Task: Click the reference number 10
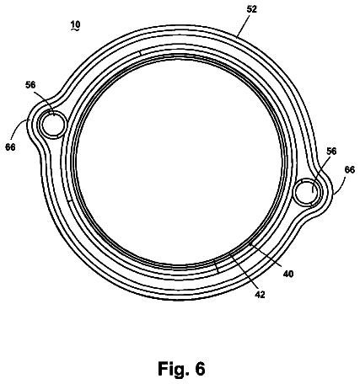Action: click(x=75, y=24)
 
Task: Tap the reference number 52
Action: click(x=251, y=9)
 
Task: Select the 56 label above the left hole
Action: click(x=30, y=84)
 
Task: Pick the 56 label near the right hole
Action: click(x=331, y=151)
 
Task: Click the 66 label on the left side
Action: click(x=10, y=147)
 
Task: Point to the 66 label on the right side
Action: click(x=350, y=169)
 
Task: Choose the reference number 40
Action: click(x=288, y=274)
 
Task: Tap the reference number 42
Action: click(x=260, y=295)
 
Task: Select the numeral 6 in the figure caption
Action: click(x=200, y=369)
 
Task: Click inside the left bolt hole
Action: click(x=53, y=125)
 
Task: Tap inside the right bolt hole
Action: click(x=307, y=192)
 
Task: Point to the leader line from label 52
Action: click(x=244, y=25)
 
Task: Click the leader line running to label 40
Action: click(x=266, y=255)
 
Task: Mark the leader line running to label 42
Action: click(x=243, y=271)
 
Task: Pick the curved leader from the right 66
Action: click(x=340, y=184)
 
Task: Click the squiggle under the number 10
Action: click(x=75, y=29)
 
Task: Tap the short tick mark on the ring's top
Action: click(x=140, y=53)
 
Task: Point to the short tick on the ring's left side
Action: click(x=70, y=201)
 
